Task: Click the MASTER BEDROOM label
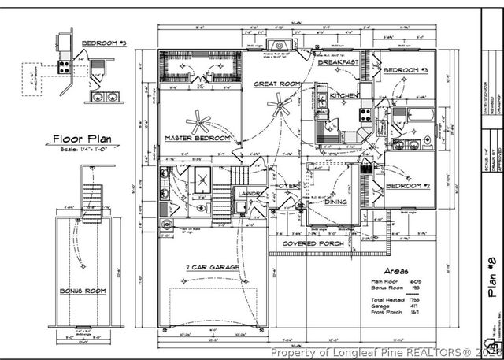tap(198, 139)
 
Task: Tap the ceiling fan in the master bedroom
tap(198, 122)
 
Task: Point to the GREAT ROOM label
tap(276, 83)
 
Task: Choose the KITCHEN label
tap(343, 95)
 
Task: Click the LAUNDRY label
tap(251, 194)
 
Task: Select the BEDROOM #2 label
tap(405, 186)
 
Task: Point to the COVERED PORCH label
tap(314, 243)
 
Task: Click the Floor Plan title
tap(82, 139)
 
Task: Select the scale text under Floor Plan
tap(82, 150)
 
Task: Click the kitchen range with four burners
tap(365, 114)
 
